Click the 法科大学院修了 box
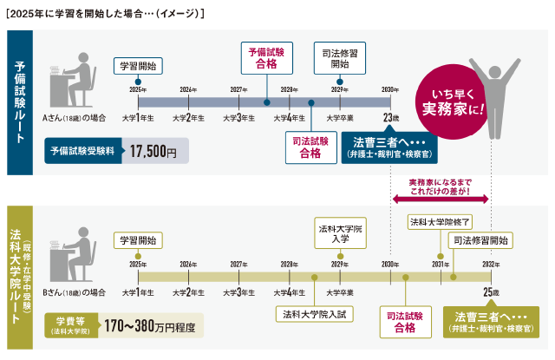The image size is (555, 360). [440, 221]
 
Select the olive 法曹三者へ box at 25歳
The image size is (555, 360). [491, 321]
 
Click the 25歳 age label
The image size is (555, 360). [492, 291]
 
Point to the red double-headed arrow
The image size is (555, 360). [441, 199]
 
